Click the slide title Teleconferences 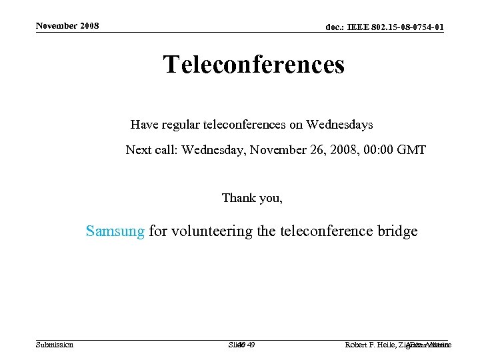coord(253,65)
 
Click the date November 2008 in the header coord(67,26)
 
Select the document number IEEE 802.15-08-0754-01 coord(384,27)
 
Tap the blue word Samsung coord(115,231)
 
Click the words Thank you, coord(252,198)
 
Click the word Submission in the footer coord(55,345)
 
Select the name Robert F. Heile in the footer coord(370,345)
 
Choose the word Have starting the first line coord(142,125)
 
